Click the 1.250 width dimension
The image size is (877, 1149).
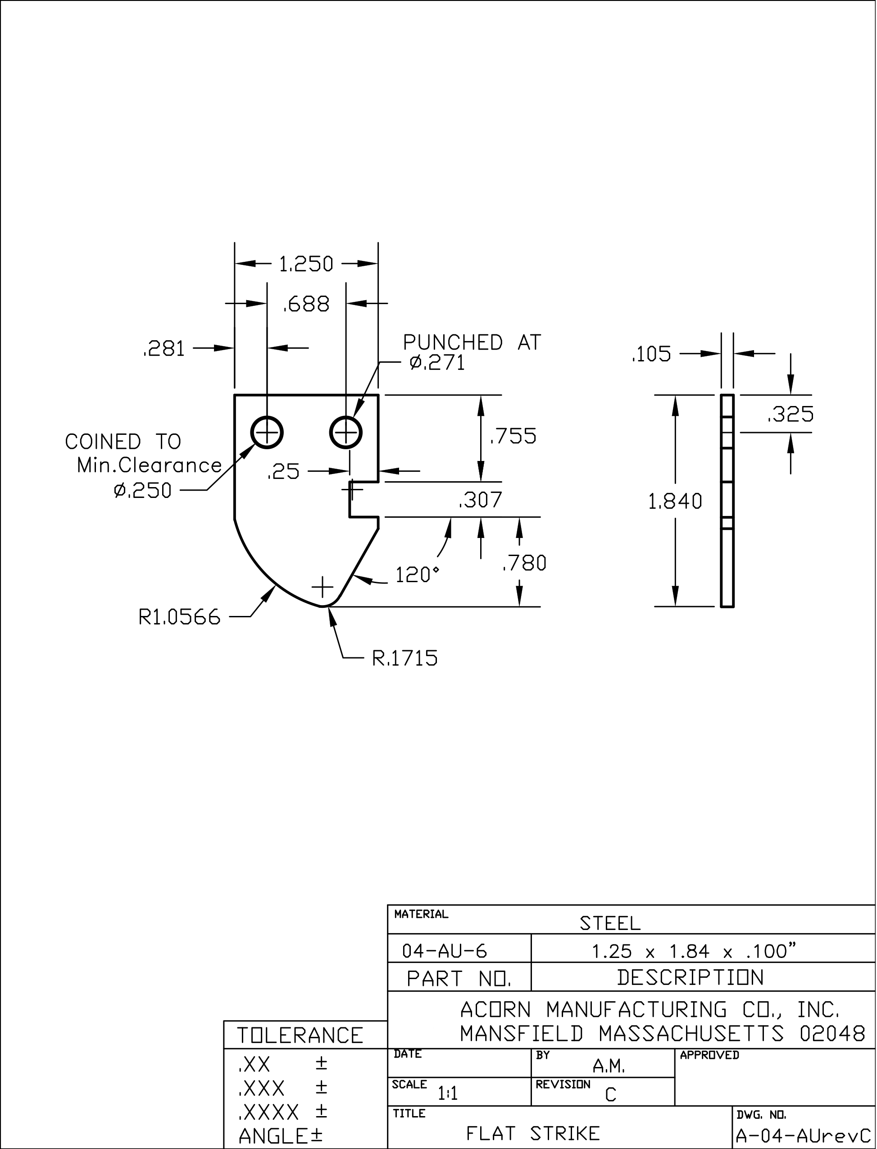(x=305, y=264)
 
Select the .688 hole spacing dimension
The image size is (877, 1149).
(x=306, y=304)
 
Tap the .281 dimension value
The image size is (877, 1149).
(x=164, y=349)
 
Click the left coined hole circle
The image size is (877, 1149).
(x=267, y=433)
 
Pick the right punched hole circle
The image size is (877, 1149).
(x=346, y=433)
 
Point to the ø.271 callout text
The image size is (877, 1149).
(x=437, y=362)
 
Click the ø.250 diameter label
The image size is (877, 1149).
(x=142, y=490)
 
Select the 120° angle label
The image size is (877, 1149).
(x=417, y=575)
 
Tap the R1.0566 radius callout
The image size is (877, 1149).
(x=180, y=617)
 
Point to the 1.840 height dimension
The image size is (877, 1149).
(x=675, y=502)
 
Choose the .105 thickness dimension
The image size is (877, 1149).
(x=651, y=355)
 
